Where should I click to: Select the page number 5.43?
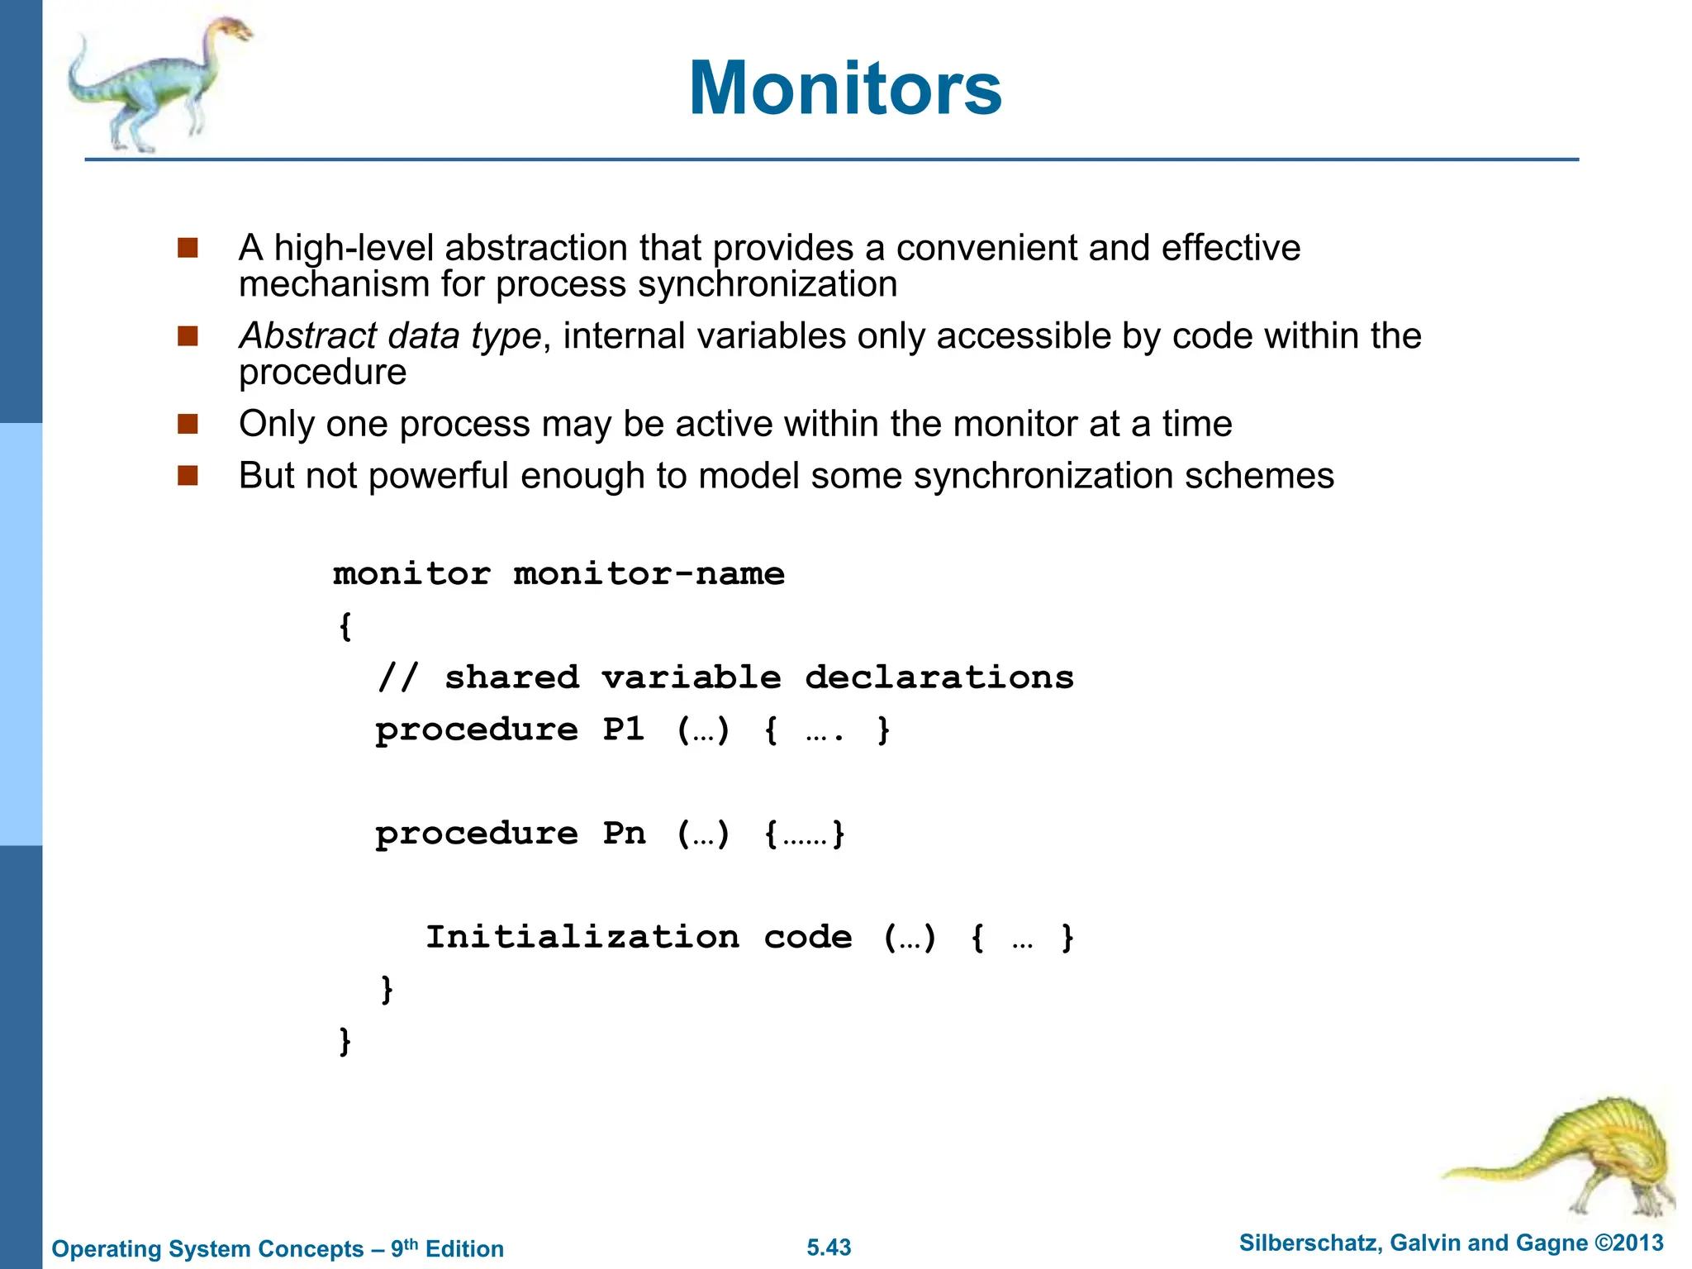[829, 1248]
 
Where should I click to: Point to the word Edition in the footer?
[464, 1248]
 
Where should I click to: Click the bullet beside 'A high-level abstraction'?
[188, 248]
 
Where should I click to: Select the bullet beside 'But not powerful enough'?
[188, 476]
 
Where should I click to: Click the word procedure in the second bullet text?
[322, 373]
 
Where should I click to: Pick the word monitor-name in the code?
[649, 573]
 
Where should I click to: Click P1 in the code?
[623, 730]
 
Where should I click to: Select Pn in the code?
[623, 834]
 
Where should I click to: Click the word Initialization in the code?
[582, 937]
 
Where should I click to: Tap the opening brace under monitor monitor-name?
[345, 625]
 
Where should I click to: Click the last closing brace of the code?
[345, 1041]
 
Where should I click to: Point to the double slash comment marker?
[397, 677]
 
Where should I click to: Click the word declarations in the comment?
[939, 677]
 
